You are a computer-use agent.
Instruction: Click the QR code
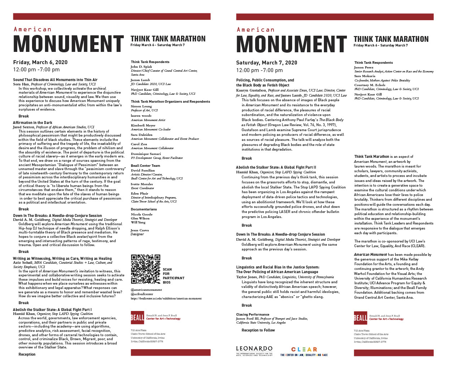coord(145,269)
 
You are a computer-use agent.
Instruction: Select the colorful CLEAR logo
coord(304,350)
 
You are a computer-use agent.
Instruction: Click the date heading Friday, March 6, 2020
coord(40,62)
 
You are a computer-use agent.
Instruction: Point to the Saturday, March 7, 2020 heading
coord(267,63)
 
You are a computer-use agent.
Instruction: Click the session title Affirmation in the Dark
coord(33,123)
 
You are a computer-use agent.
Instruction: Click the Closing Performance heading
coord(253,314)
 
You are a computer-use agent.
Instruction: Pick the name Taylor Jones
coord(246,277)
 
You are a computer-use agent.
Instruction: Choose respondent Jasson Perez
coord(364,67)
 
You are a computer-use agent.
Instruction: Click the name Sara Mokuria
coord(365,76)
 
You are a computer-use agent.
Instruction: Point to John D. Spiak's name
coord(141,67)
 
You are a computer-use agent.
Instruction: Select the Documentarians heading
coord(144,209)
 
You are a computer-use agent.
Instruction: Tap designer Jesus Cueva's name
coord(140,230)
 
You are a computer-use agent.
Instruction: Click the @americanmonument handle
coord(146,290)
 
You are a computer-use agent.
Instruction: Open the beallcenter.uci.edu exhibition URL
coord(166,298)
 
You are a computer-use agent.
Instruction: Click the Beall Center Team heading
coord(145,166)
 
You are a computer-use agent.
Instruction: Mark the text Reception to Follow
coord(258,330)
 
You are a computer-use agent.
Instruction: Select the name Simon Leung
coord(141,106)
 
